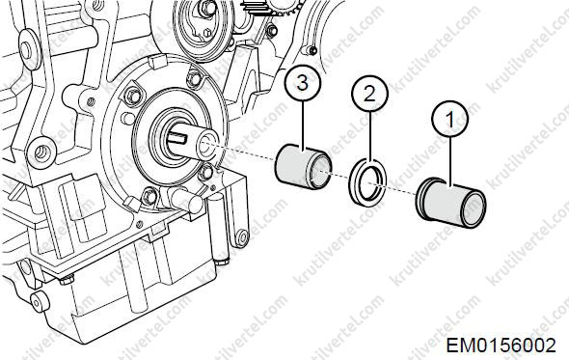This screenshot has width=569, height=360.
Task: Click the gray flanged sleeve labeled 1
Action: pyautogui.click(x=451, y=203)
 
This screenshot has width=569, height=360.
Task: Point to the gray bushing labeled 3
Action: pyautogui.click(x=304, y=166)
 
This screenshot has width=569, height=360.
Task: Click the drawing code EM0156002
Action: pyautogui.click(x=501, y=346)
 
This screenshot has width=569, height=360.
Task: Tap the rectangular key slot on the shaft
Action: pyautogui.click(x=177, y=137)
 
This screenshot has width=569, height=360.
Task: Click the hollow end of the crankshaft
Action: pyautogui.click(x=206, y=144)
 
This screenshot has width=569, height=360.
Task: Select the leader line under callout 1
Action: pyautogui.click(x=450, y=162)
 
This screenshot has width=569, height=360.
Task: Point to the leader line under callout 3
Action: pyautogui.click(x=303, y=125)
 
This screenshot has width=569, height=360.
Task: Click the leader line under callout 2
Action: pyautogui.click(x=369, y=137)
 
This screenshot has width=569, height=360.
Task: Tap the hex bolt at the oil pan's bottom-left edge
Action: pyautogui.click(x=66, y=280)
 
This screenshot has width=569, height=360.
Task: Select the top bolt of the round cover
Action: pyautogui.click(x=194, y=78)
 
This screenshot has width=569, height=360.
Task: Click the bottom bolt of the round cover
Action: pyautogui.click(x=149, y=197)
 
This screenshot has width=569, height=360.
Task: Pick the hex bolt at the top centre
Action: pyautogui.click(x=207, y=8)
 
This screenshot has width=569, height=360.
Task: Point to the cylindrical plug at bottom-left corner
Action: pyautogui.click(x=40, y=302)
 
